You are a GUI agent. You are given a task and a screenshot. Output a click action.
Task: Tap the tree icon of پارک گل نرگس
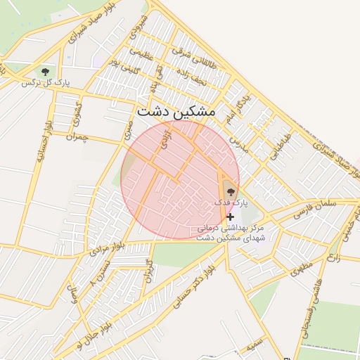coord(46,72)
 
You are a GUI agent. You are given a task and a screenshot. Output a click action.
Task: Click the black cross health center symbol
coord(230,217)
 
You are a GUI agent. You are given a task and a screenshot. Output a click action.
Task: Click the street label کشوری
coord(77,115)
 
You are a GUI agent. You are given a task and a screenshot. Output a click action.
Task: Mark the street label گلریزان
coord(148,271)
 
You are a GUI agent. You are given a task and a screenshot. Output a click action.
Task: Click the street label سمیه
coord(255,346)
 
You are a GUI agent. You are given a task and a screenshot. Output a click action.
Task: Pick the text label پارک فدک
coord(231,202)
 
